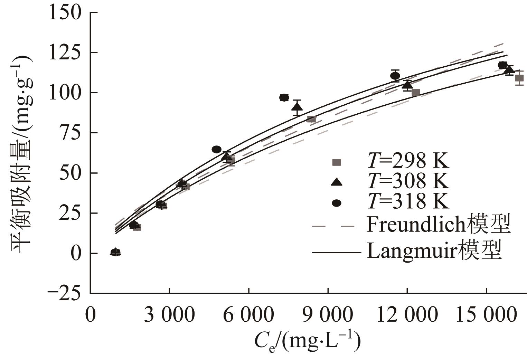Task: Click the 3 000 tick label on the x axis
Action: tap(169, 315)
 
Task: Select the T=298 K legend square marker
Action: tap(336, 162)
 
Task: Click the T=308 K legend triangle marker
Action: tap(336, 182)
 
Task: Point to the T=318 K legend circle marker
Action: tap(336, 203)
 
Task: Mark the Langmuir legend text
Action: tap(434, 251)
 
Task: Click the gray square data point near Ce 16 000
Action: tap(519, 78)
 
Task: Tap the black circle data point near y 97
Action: tap(284, 97)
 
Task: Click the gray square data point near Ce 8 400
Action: tap(311, 119)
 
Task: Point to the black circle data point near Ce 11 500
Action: tap(395, 76)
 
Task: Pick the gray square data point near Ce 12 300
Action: tap(416, 92)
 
